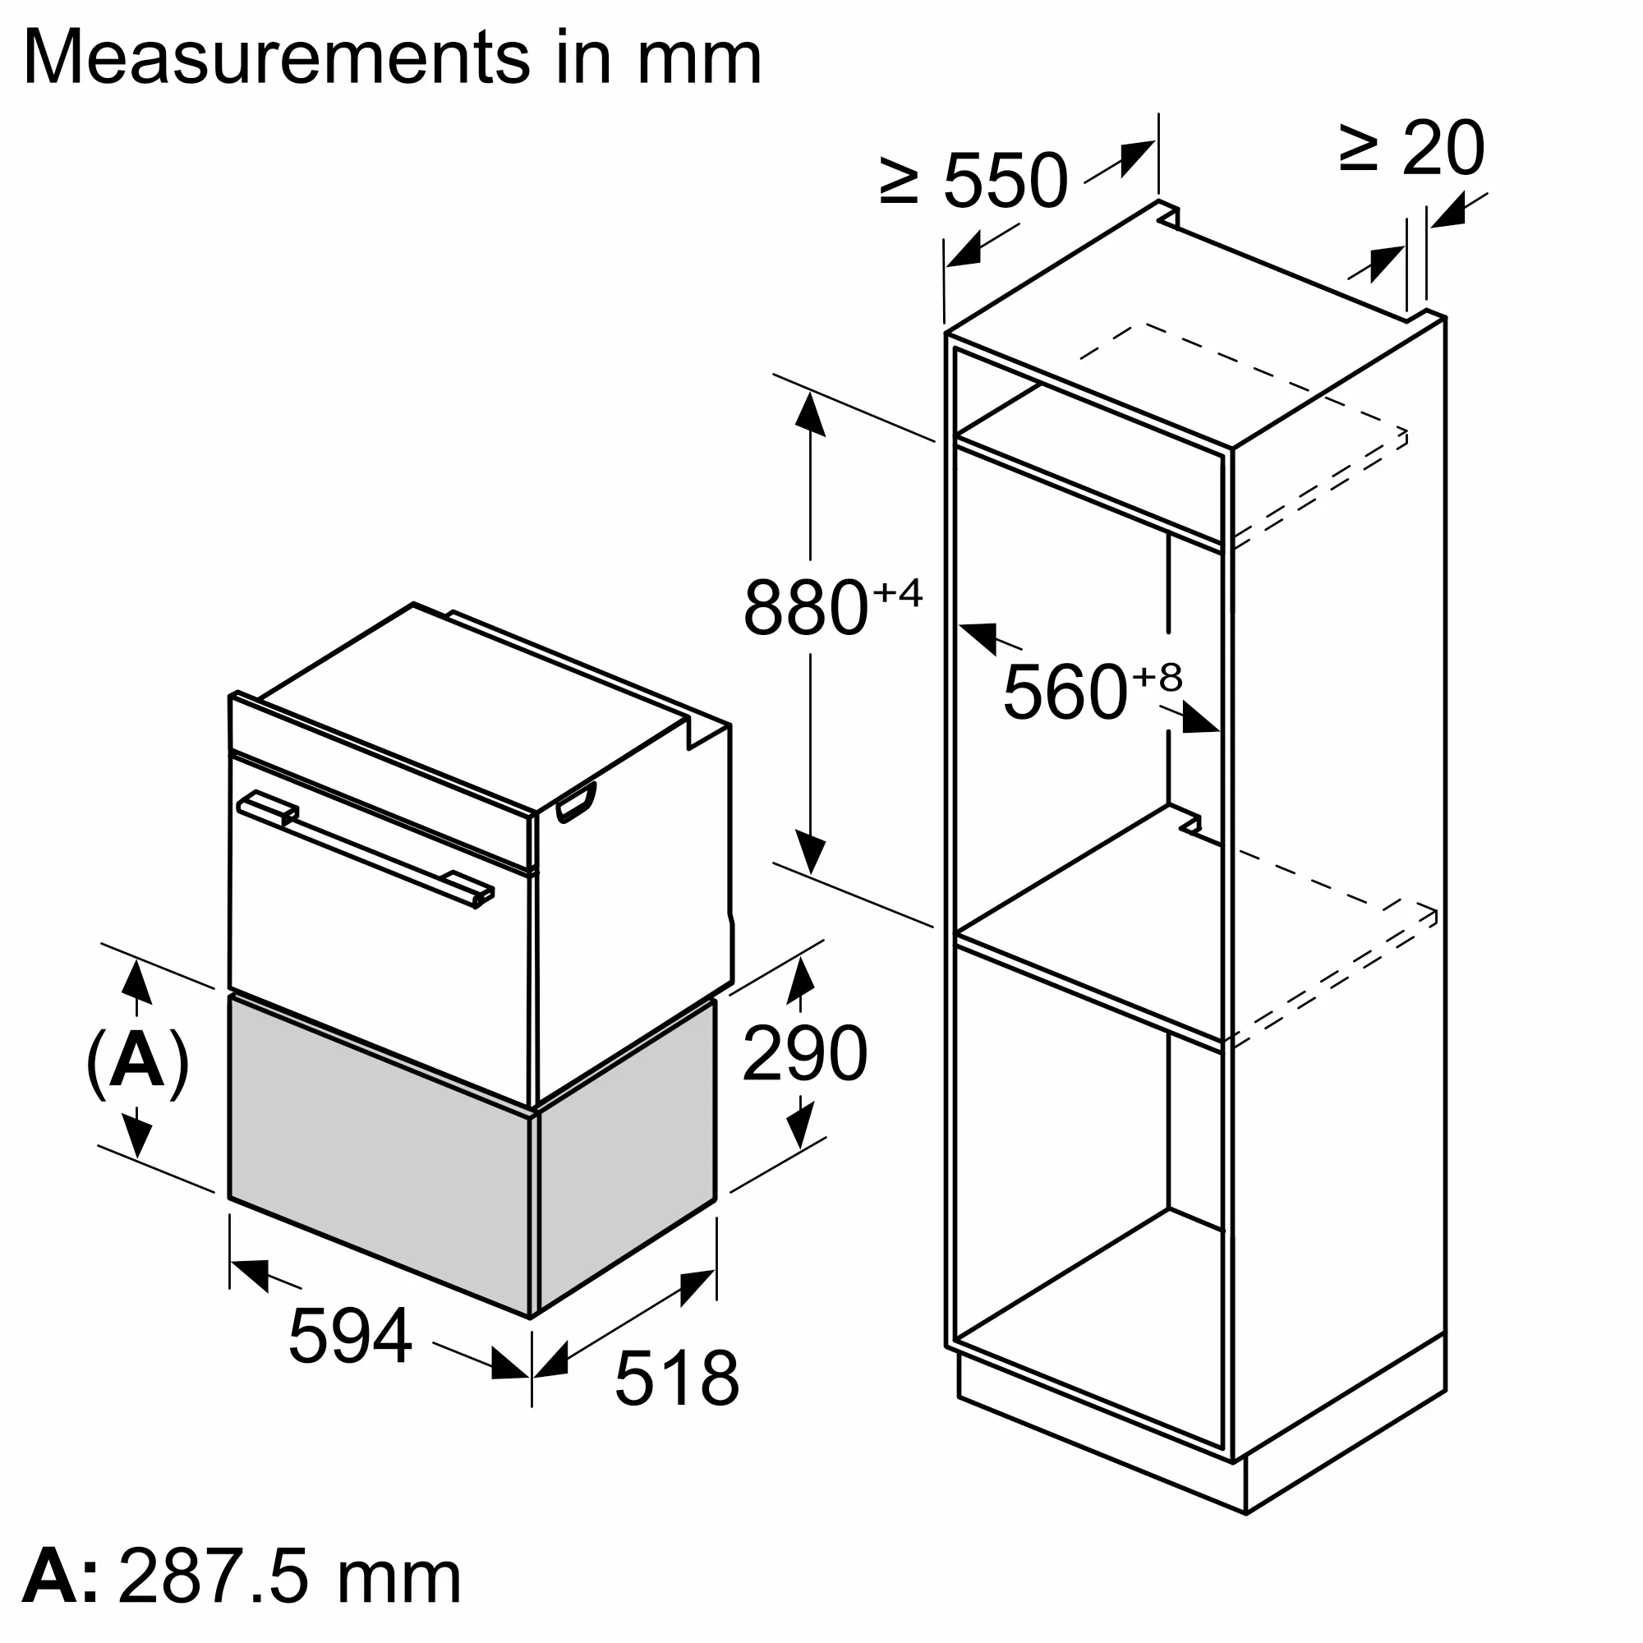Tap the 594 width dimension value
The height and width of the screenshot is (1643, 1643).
coord(351,1336)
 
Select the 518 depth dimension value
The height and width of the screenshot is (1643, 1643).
coord(676,1378)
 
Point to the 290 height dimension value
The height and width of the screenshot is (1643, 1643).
coord(804,1055)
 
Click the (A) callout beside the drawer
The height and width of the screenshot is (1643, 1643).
coord(137,1063)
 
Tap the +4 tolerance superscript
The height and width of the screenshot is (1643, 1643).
coord(897,593)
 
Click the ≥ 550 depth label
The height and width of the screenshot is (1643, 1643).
coord(973,180)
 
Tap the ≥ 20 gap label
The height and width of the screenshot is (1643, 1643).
coord(1412,149)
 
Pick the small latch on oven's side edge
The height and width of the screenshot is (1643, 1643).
coord(576,803)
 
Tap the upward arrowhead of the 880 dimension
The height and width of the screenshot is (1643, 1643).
coord(810,417)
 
